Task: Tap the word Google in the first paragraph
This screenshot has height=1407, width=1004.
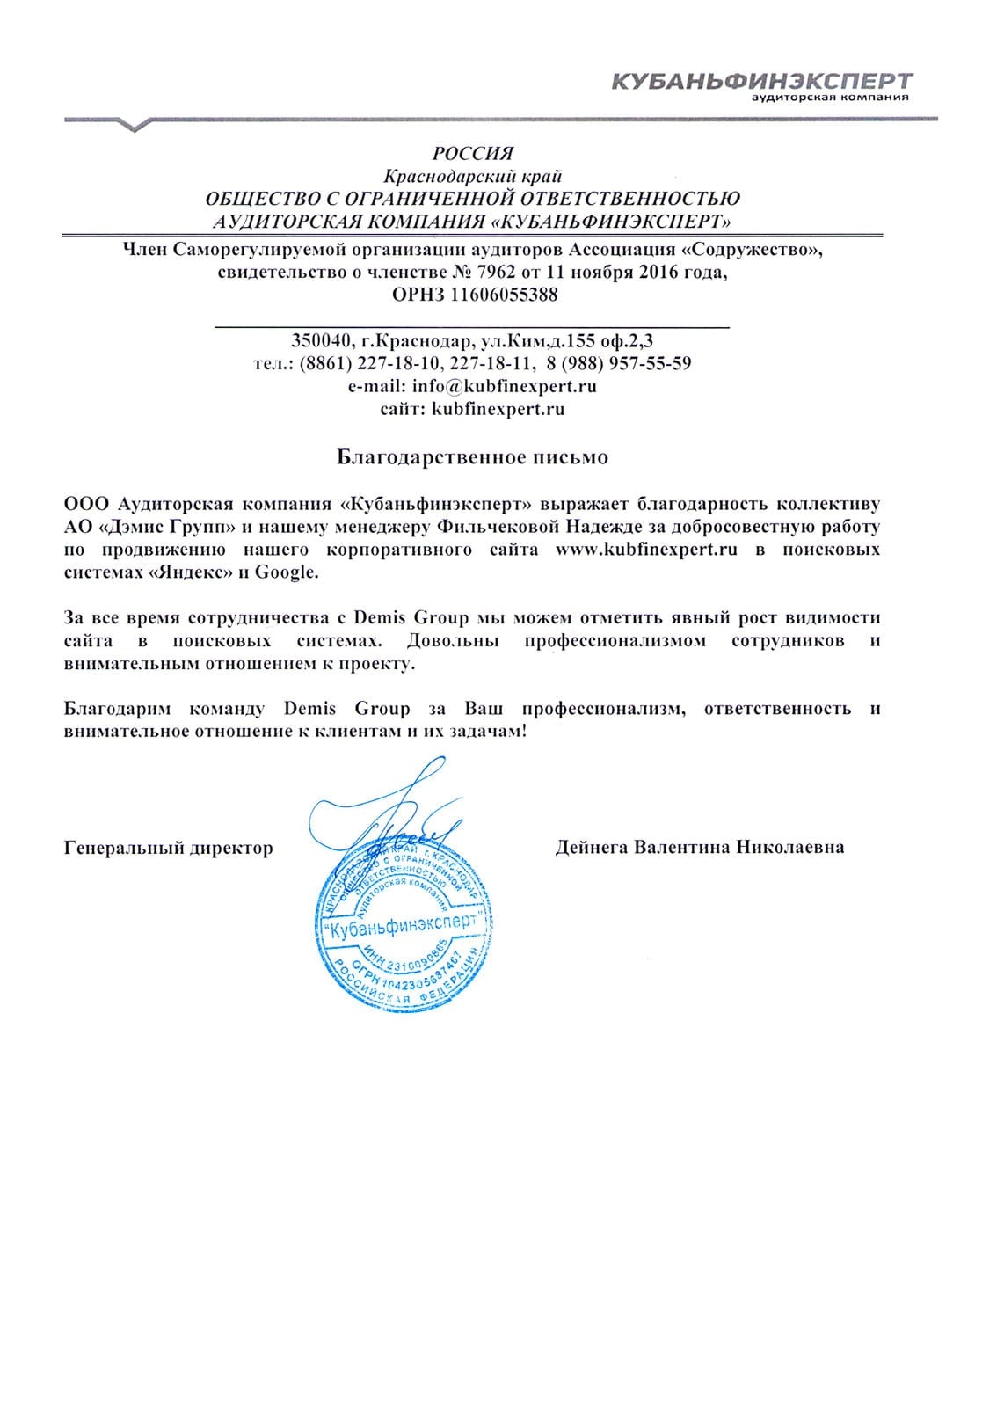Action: pyautogui.click(x=285, y=573)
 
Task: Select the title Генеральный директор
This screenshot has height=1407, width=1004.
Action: pyautogui.click(x=169, y=848)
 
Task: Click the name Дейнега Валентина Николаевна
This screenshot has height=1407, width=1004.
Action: pyautogui.click(x=700, y=848)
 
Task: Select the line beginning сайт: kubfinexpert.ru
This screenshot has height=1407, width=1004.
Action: pyautogui.click(x=472, y=409)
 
